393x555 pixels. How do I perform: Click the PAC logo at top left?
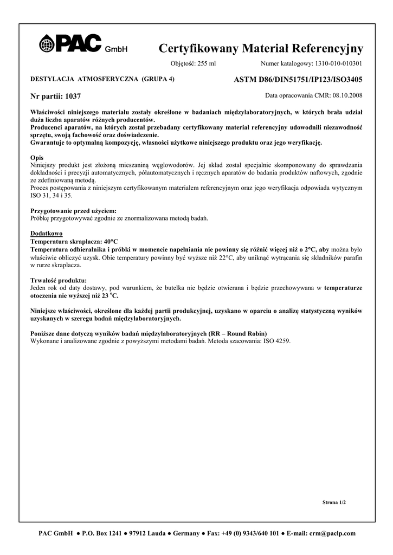click(70, 44)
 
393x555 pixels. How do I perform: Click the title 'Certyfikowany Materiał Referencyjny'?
click(261, 49)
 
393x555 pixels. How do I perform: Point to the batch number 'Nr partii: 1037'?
click(56, 96)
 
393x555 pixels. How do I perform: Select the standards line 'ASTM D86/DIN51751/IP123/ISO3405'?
click(298, 80)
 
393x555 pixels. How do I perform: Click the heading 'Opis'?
click(37, 157)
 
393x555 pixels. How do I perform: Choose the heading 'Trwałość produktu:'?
click(56, 280)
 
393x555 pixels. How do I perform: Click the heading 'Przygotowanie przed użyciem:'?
click(73, 210)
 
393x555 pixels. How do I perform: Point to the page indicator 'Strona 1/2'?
click(334, 502)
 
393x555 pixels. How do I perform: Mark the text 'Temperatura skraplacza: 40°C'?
click(74, 241)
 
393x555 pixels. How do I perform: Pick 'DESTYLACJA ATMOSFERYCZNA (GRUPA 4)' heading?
click(102, 79)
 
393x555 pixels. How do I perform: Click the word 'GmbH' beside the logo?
click(116, 50)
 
